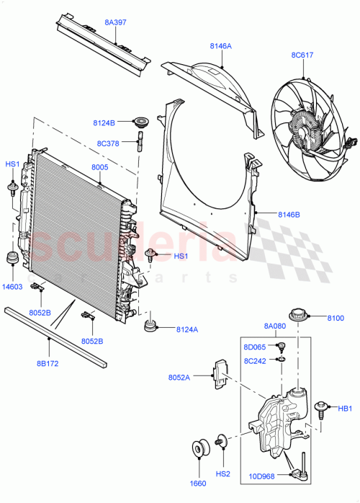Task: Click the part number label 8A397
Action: (115, 22)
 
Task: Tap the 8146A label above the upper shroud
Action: (221, 46)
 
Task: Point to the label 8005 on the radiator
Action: (99, 168)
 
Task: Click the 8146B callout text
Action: (289, 214)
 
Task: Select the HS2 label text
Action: (223, 473)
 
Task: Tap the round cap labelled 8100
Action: (297, 316)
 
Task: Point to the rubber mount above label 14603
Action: (12, 259)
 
